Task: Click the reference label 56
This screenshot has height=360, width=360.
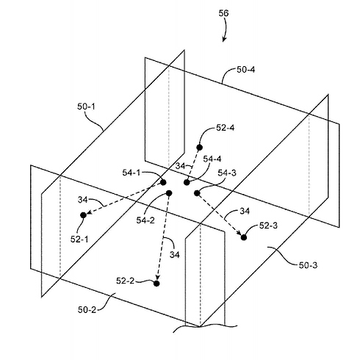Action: [223, 13]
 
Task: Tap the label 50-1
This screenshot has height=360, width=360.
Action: [86, 107]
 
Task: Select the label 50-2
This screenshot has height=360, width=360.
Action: [87, 310]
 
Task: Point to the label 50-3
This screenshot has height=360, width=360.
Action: [308, 265]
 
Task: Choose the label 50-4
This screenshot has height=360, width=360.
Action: [246, 70]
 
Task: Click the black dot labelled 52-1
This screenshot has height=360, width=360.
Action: [83, 215]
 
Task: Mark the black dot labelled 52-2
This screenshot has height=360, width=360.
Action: [156, 284]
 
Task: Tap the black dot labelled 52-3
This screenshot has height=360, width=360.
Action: [243, 237]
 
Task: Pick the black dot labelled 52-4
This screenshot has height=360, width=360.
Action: [200, 147]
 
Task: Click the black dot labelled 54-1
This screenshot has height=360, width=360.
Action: [163, 182]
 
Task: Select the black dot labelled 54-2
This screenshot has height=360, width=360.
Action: [169, 193]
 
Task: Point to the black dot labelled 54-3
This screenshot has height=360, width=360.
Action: [197, 193]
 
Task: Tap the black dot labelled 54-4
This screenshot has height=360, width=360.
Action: [187, 182]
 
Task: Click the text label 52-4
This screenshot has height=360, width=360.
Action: [226, 128]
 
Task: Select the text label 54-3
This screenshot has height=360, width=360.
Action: [227, 173]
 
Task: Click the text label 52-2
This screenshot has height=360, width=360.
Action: [126, 281]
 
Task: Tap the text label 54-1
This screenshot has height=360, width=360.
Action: [132, 173]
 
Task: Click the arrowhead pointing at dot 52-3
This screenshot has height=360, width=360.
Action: [238, 232]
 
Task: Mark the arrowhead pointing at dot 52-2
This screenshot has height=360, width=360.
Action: [157, 277]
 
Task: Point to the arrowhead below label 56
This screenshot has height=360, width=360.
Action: [224, 40]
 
